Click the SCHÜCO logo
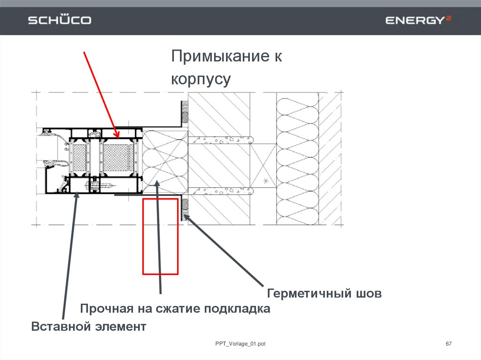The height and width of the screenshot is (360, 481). [x=60, y=20]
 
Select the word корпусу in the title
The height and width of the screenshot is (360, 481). [x=201, y=79]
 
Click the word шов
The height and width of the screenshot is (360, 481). [x=369, y=294]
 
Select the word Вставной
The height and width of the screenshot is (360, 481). [x=60, y=326]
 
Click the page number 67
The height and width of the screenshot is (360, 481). [x=448, y=345]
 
